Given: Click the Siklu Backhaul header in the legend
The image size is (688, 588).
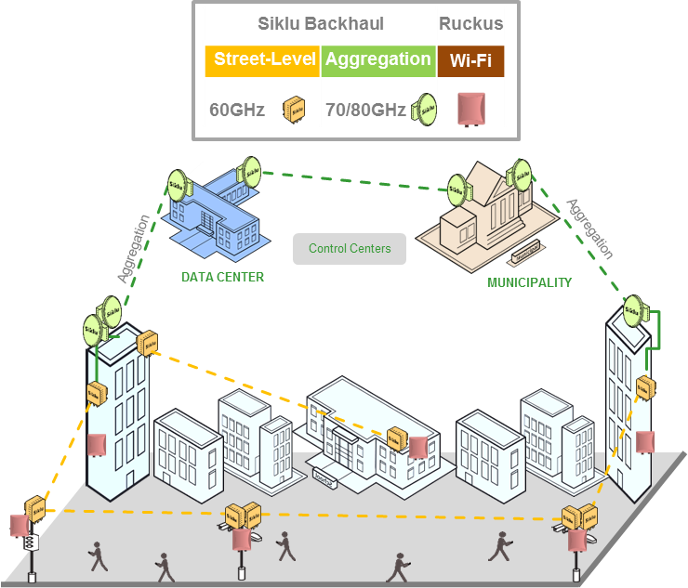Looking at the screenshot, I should [x=319, y=24].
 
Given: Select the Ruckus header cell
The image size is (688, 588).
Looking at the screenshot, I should [x=470, y=24].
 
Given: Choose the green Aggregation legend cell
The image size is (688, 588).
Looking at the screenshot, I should [x=377, y=60].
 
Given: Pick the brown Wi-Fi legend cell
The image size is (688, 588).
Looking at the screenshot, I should [x=470, y=61].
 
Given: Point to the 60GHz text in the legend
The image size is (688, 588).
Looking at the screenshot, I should [x=237, y=110].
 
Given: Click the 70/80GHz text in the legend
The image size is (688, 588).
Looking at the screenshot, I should [x=365, y=110].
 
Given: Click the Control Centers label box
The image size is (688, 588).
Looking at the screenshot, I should [x=350, y=249].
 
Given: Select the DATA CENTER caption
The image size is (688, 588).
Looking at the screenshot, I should [x=222, y=277].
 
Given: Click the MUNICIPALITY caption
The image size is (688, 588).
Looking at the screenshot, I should [x=529, y=282].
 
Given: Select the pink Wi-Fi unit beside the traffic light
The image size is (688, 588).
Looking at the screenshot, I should [x=19, y=525].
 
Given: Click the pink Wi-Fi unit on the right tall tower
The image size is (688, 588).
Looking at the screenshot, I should [x=646, y=441].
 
